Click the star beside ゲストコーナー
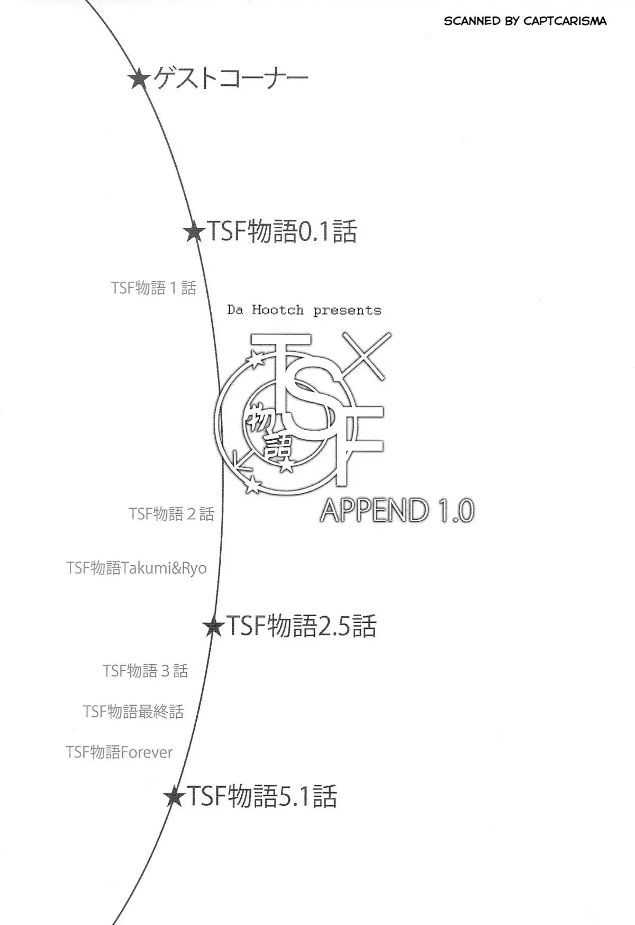139,79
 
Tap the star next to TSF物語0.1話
194,232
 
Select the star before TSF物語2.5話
214,627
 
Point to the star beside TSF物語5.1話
175,796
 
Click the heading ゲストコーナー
231,79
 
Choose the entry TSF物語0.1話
282,232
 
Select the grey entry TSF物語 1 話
153,288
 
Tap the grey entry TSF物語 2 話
171,513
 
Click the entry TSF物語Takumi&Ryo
137,568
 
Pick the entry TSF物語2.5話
301,626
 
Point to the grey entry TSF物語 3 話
146,671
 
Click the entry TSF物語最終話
133,711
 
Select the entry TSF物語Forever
119,752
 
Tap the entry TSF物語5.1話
262,796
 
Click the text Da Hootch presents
304,310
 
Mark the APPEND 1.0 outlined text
397,511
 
